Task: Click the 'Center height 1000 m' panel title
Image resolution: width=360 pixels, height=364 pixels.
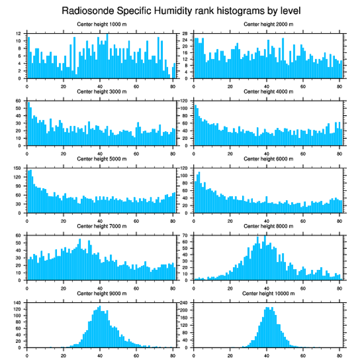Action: (x=101, y=24)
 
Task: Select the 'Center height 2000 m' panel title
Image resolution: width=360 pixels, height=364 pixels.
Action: (x=268, y=24)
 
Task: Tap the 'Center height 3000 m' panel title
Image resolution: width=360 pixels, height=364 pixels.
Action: (x=101, y=91)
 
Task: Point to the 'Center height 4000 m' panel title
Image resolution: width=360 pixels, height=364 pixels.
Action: (x=268, y=91)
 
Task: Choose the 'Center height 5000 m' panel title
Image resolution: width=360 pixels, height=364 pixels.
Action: (x=101, y=159)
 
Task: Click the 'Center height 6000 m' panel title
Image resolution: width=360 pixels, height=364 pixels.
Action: (x=268, y=159)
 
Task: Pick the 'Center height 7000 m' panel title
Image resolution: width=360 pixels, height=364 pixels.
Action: (x=101, y=226)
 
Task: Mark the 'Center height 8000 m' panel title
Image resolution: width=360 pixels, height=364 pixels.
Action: (x=268, y=226)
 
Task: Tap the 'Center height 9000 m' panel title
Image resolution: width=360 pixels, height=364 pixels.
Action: (x=101, y=293)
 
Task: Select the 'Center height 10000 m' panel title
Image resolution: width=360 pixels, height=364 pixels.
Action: (x=268, y=293)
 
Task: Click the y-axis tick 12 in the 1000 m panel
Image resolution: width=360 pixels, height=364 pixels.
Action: (x=19, y=34)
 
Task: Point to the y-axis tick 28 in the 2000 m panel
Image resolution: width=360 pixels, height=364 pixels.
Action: (x=186, y=34)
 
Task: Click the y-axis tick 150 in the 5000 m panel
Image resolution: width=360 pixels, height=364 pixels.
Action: (x=18, y=168)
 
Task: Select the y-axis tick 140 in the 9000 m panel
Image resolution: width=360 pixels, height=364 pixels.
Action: (x=18, y=303)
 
